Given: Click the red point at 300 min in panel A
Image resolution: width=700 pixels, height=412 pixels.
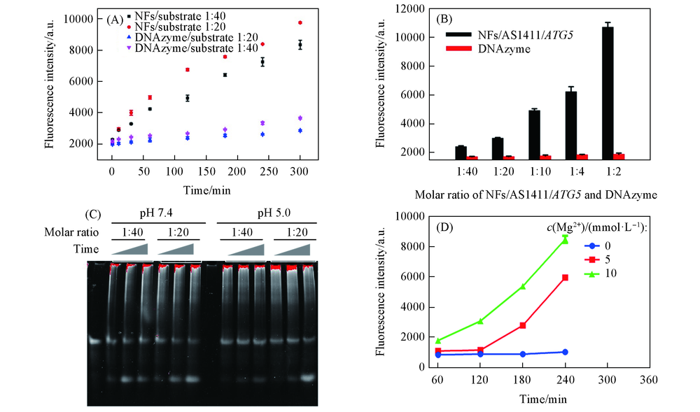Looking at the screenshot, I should (300, 22).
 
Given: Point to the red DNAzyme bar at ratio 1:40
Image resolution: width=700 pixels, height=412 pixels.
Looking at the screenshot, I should (472, 158).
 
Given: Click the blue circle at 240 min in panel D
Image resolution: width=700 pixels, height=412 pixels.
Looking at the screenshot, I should (565, 352).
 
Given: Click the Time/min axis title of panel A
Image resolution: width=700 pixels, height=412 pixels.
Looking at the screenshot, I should (208, 189).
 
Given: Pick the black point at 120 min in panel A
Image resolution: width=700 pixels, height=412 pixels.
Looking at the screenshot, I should (188, 98).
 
